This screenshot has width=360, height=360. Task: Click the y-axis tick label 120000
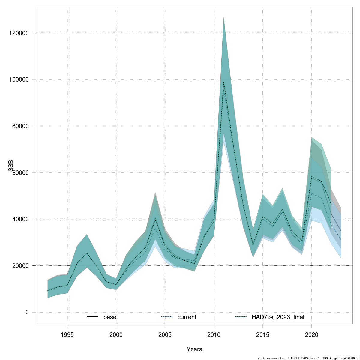pyautogui.click(x=19, y=33)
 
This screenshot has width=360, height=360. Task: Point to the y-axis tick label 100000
pyautogui.click(x=19, y=79)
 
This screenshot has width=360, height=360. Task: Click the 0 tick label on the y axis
pyautogui.click(x=27, y=312)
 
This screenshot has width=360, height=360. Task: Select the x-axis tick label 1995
pyautogui.click(x=67, y=334)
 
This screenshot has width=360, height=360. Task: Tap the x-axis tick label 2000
pyautogui.click(x=116, y=334)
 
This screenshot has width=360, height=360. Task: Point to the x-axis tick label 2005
pyautogui.click(x=165, y=334)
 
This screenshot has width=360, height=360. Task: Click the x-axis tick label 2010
pyautogui.click(x=214, y=334)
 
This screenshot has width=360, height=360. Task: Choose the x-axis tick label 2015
pyautogui.click(x=263, y=334)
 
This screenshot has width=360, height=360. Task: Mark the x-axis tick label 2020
pyautogui.click(x=312, y=334)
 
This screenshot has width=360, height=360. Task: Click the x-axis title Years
pyautogui.click(x=194, y=349)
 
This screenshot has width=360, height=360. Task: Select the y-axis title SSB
pyautogui.click(x=11, y=166)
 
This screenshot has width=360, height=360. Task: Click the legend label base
pyautogui.click(x=110, y=317)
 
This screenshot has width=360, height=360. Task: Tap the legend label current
pyautogui.click(x=187, y=317)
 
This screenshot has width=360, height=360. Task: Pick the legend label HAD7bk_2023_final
pyautogui.click(x=278, y=317)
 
